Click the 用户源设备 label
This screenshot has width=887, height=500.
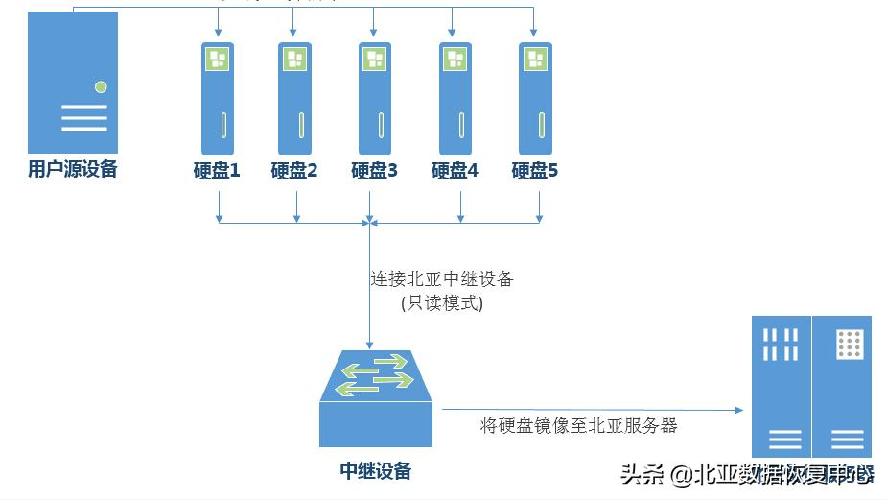(73, 171)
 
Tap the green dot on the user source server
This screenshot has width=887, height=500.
(101, 87)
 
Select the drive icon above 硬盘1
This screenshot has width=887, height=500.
(217, 99)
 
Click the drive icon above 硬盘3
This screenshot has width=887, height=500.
(374, 99)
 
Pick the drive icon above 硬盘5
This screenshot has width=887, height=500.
(535, 99)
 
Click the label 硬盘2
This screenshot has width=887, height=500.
(294, 172)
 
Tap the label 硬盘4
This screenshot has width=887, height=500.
(455, 172)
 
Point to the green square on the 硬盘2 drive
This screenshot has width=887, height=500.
(295, 60)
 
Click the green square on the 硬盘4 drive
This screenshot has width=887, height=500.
(455, 60)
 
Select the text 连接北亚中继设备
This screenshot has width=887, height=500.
(442, 279)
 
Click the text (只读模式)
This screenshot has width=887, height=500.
(442, 303)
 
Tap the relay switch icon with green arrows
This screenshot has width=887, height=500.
(376, 375)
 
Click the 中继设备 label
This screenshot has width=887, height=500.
(376, 470)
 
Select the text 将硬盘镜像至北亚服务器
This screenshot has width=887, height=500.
(578, 425)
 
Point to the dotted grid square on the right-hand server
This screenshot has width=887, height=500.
(849, 344)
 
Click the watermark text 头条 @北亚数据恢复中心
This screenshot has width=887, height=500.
(747, 474)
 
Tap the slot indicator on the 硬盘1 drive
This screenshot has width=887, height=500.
(221, 126)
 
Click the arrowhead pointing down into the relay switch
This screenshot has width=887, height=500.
(370, 343)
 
